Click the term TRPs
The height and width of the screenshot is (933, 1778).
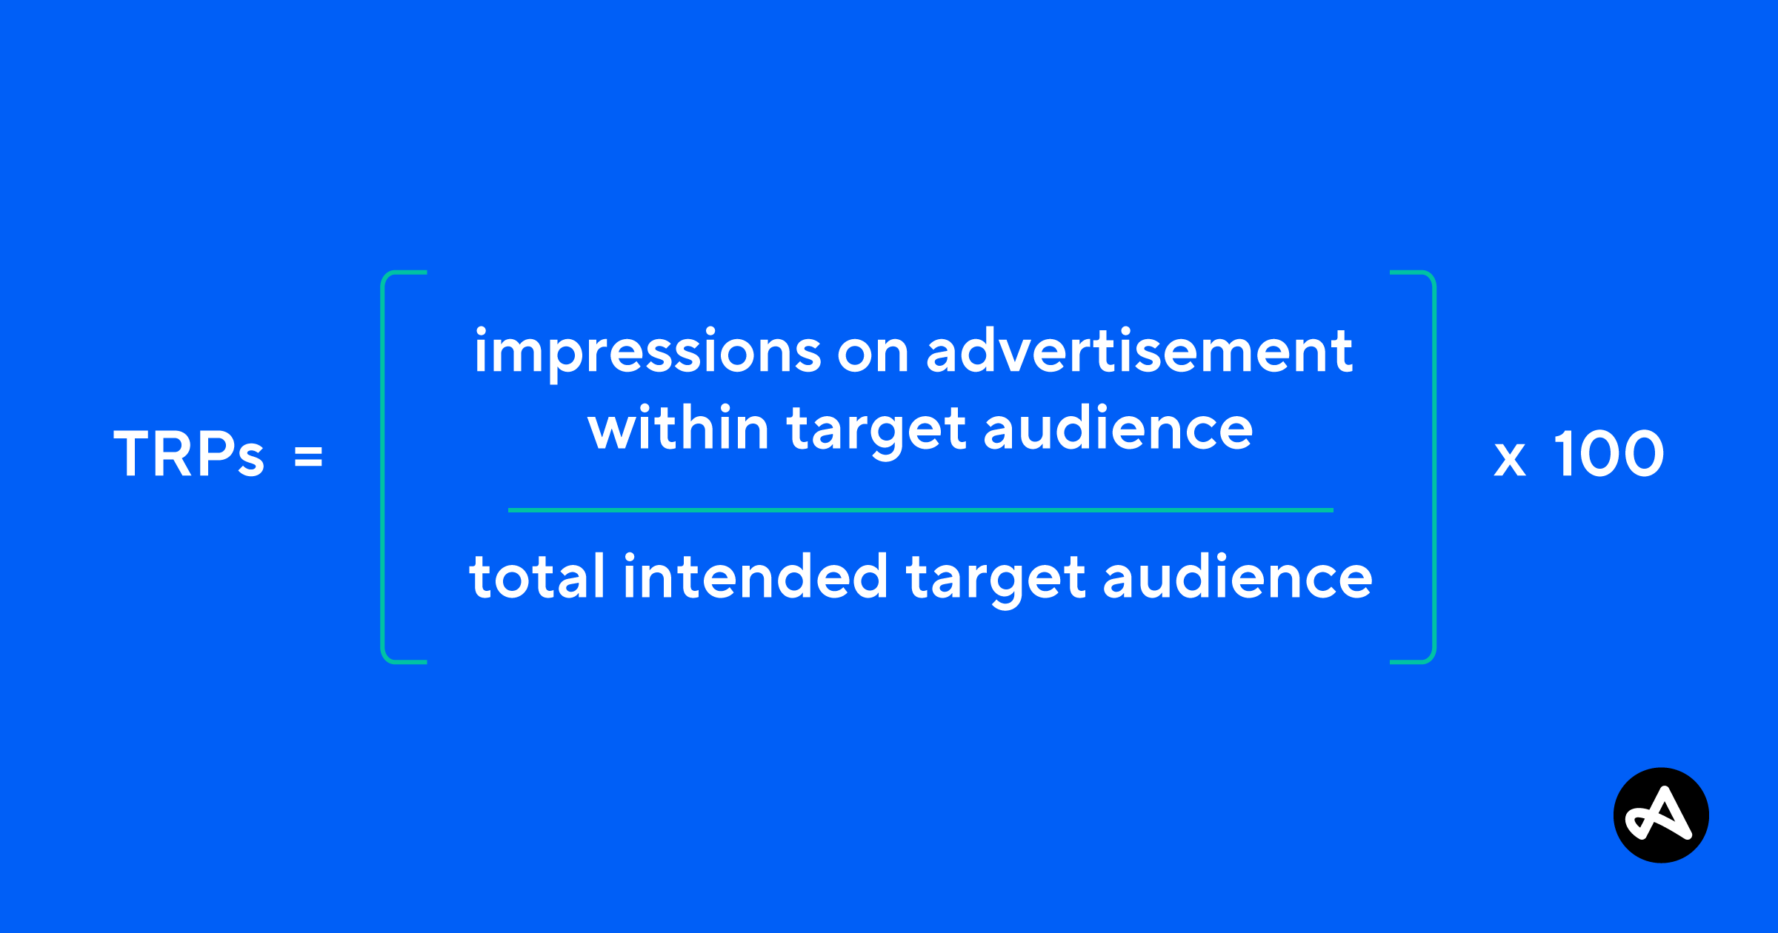[x=189, y=453]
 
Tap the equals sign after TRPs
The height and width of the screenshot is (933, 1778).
[x=308, y=455]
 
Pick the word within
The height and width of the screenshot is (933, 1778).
[x=678, y=427]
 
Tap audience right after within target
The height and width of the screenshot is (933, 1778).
[x=1118, y=427]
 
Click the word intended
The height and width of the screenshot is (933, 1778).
[x=756, y=575]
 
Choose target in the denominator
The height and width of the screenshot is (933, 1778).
[x=996, y=580]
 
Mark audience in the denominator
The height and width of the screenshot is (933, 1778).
[x=1238, y=575]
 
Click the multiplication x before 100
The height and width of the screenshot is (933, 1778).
[x=1510, y=459]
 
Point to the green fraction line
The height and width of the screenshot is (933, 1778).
[x=921, y=510]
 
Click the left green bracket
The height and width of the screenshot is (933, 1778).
[x=382, y=466]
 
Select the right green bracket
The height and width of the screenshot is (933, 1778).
[x=1434, y=466]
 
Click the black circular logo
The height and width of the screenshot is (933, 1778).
[x=1662, y=815]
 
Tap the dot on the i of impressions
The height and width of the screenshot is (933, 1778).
[x=481, y=332]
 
